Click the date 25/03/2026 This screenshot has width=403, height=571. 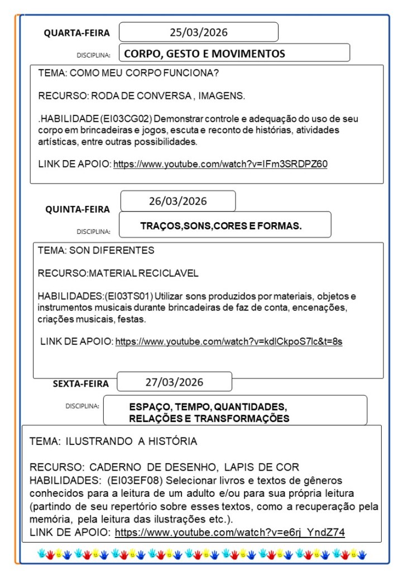tap(199, 32)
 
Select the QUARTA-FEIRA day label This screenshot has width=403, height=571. tap(77, 33)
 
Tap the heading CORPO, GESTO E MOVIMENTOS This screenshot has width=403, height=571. tap(204, 54)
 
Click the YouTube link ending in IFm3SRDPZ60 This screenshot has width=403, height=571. tap(220, 164)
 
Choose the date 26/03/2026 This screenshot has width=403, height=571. tap(177, 201)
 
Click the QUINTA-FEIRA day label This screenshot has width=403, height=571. tap(78, 209)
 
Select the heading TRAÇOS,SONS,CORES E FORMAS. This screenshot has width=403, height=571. tap(221, 226)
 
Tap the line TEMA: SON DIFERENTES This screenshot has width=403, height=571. tap(96, 251)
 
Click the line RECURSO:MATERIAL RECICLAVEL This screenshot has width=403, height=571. tap(118, 273)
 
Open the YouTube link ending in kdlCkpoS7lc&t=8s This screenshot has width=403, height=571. tap(228, 342)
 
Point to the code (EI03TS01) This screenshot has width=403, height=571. tap(129, 296)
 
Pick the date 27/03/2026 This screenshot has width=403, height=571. tap(174, 382)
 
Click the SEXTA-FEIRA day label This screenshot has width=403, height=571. tap(81, 383)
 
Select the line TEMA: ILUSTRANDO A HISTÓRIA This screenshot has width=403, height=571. tap(113, 442)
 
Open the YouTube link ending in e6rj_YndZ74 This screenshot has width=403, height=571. tap(229, 532)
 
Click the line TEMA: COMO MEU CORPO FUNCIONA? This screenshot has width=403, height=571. tap(128, 73)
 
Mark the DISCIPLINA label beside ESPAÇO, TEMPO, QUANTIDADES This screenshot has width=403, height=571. tap(82, 406)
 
